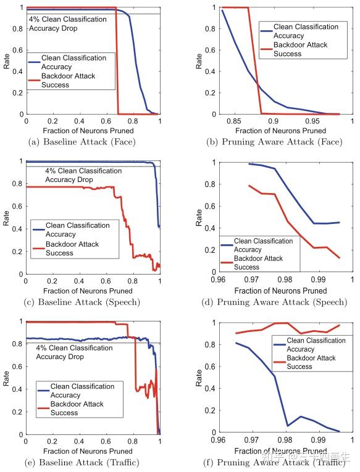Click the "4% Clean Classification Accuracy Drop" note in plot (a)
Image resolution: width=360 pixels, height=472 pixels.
68,23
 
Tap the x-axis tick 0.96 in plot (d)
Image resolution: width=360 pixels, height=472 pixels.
218,281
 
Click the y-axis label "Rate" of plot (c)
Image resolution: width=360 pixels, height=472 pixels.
7,217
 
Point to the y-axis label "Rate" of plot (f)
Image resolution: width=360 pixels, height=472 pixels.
199,377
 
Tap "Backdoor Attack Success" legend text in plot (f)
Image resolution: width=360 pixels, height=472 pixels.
312,362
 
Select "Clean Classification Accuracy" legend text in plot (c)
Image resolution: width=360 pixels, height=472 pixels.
78,230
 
